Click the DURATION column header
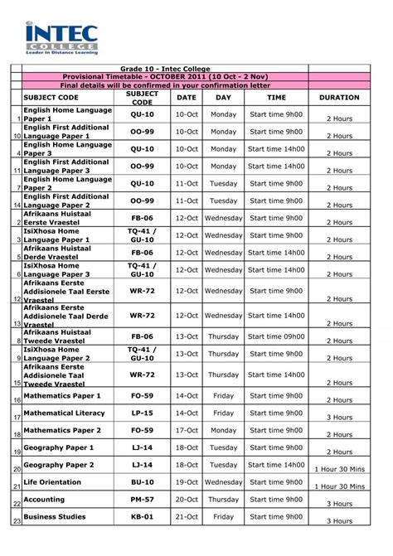point(339,97)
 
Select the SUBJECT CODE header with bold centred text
point(142,97)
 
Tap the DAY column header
point(223,97)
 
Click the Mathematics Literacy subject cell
point(65,413)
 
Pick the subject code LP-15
point(142,413)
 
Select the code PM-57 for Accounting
point(142,500)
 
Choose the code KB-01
point(142,516)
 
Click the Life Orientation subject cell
point(53,481)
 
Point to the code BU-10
point(142,481)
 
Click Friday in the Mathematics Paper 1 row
point(223,396)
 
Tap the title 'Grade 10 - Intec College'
point(165,67)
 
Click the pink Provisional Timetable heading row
point(165,75)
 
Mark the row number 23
point(16,520)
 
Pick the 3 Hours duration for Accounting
point(339,503)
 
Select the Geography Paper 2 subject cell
point(59,465)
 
